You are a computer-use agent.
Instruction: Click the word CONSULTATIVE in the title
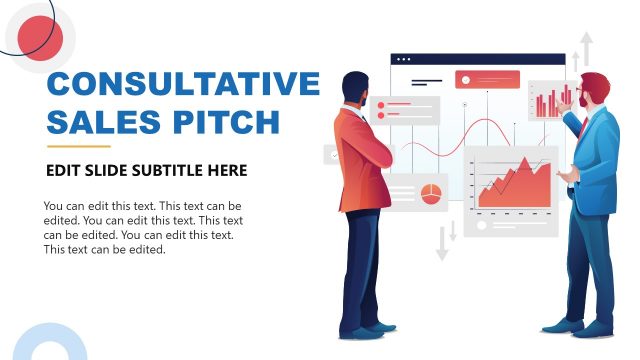pos(183,84)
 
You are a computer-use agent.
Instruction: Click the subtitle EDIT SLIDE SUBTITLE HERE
pos(146,171)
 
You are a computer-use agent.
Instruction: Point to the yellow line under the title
pos(78,146)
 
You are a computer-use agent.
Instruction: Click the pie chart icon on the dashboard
pos(431,192)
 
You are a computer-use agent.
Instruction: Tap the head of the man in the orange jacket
pos(355,88)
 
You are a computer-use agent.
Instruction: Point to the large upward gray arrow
pos(586,48)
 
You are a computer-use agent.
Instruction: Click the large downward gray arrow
pos(442,244)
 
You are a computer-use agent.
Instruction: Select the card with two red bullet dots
pos(404,109)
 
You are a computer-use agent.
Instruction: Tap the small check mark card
pos(332,155)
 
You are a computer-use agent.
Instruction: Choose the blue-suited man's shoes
pos(580,327)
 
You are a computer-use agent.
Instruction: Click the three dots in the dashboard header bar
pos(402,59)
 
